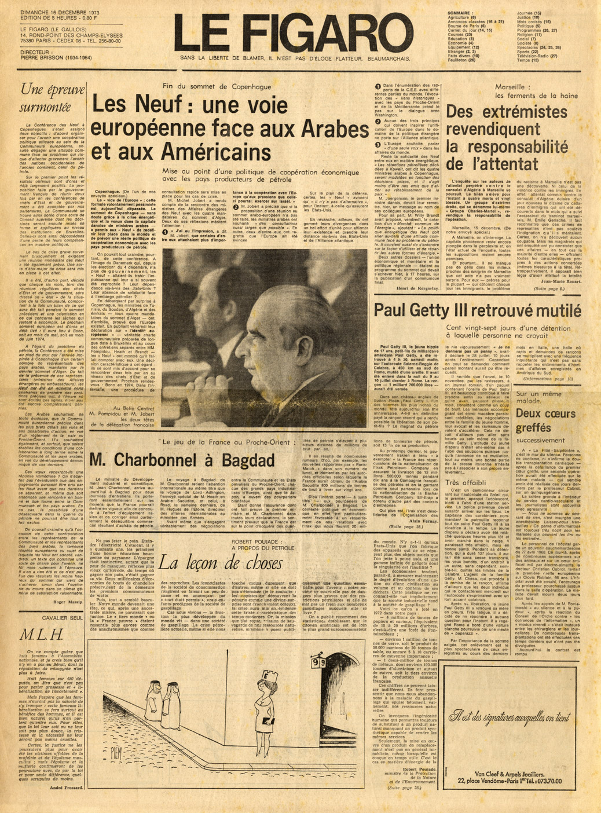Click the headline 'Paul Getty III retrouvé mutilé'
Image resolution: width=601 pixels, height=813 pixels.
477,310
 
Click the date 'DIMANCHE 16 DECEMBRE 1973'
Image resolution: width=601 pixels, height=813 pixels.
60,11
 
